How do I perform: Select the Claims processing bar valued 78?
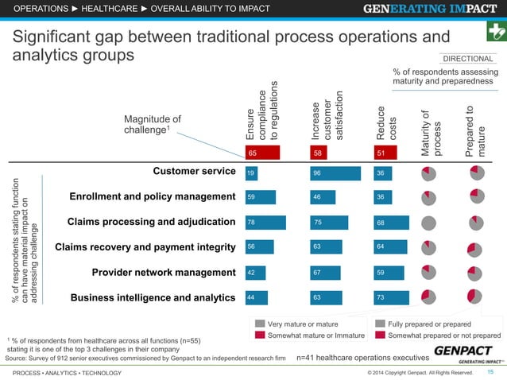[265, 223]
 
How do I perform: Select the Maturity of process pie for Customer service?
[428, 172]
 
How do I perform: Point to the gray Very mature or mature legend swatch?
[256, 324]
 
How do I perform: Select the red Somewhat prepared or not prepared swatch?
[376, 335]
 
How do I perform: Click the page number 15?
[490, 372]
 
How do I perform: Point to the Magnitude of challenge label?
[153, 125]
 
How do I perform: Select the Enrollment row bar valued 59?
[260, 197]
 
